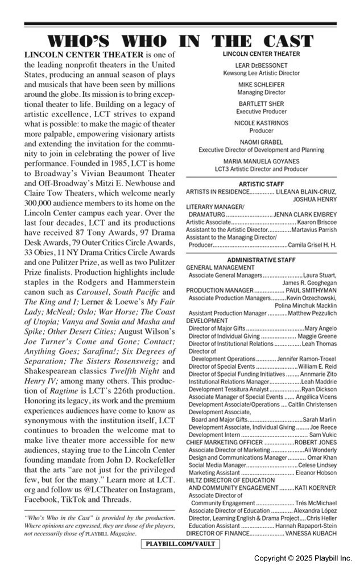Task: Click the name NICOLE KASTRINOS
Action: coord(261,123)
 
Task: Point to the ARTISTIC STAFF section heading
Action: coord(261,184)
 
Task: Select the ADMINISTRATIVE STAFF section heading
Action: coord(261,259)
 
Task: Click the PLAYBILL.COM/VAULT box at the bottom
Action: coord(180,545)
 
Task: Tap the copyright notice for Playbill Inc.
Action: coord(303,558)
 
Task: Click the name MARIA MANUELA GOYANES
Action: coord(261,161)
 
